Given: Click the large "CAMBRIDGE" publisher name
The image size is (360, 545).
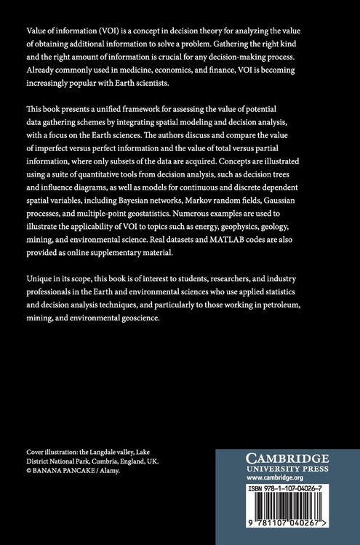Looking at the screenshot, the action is (287, 459).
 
